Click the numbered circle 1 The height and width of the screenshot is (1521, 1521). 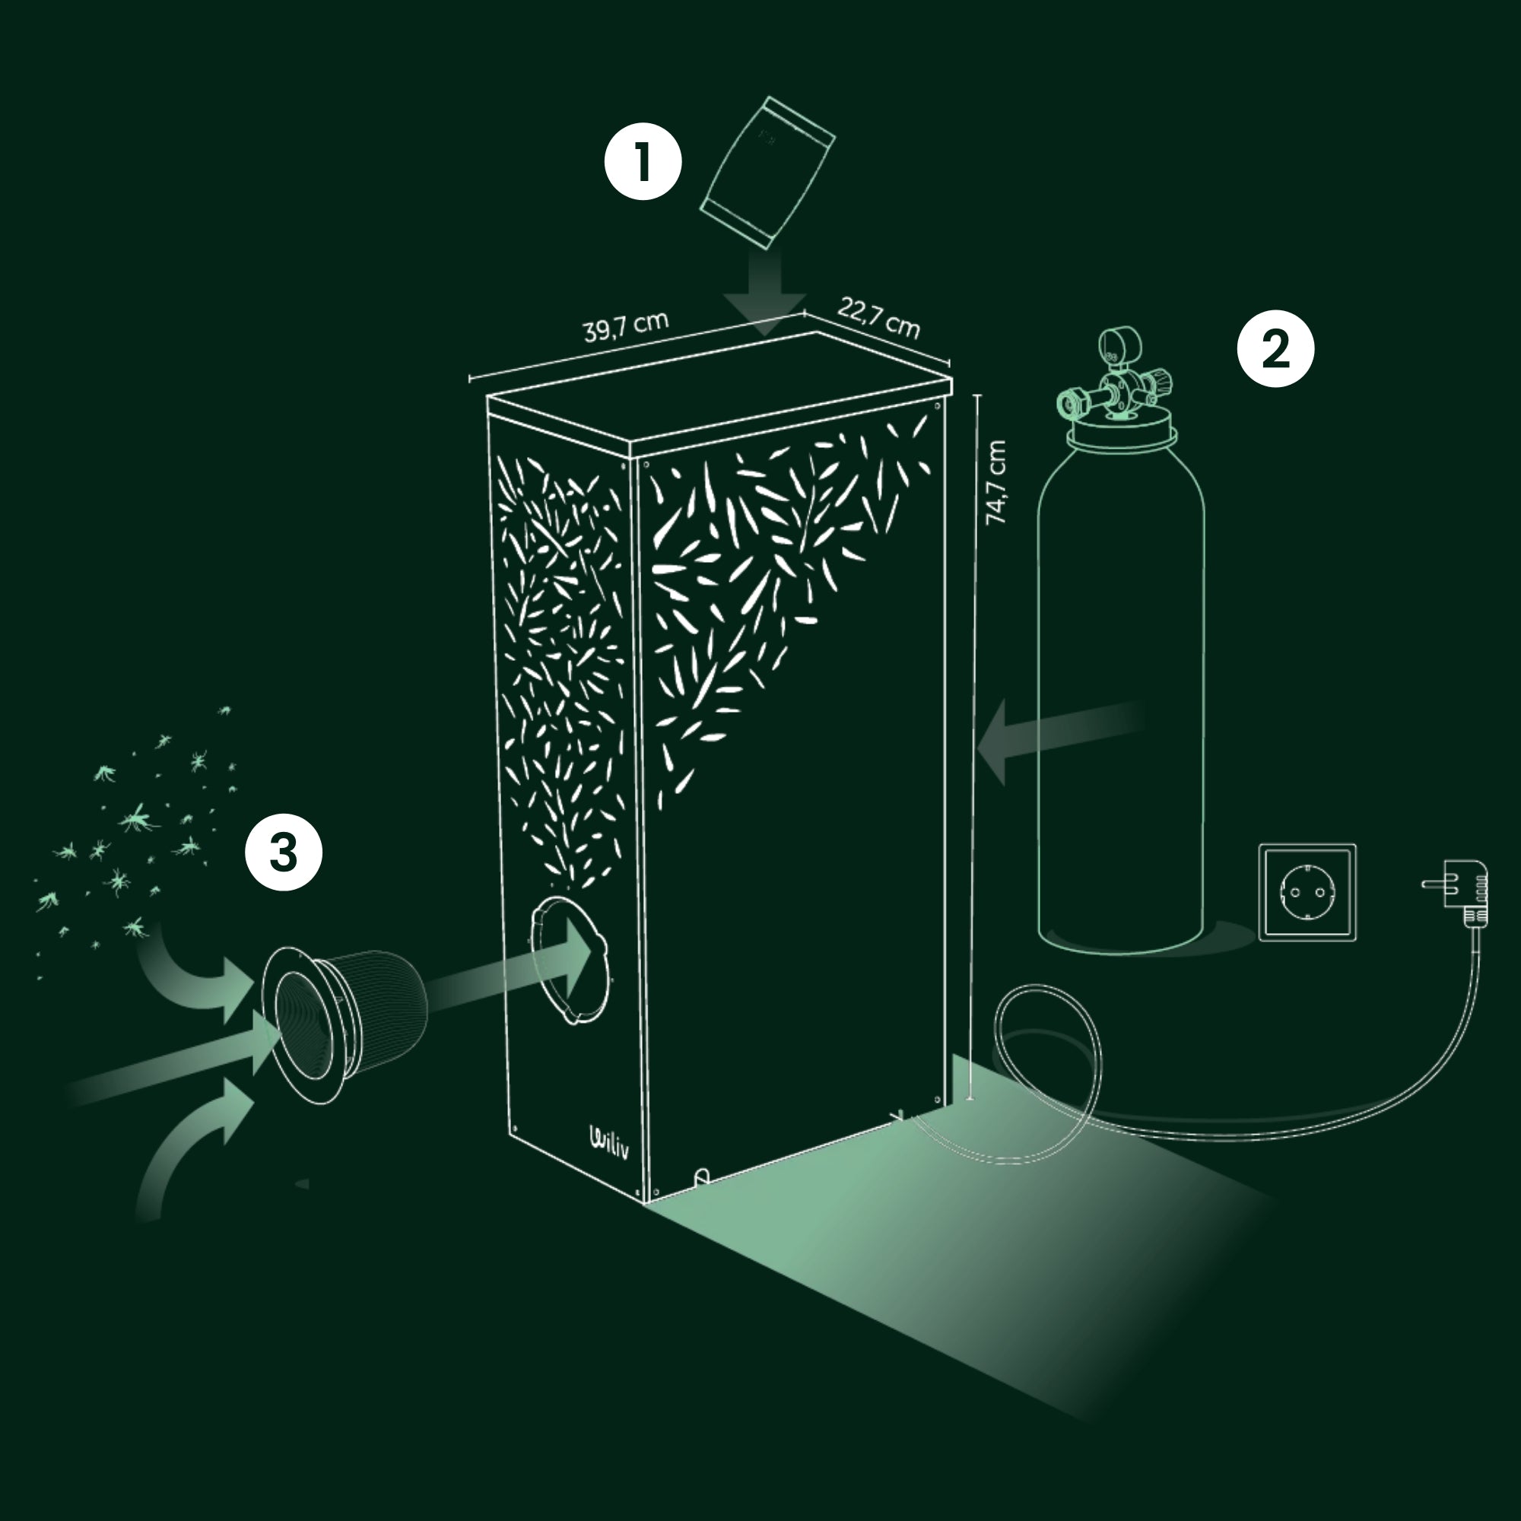(x=643, y=162)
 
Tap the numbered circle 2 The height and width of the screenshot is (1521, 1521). (x=1275, y=348)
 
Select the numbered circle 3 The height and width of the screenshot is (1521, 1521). (x=284, y=852)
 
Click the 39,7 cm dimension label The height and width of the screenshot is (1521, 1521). (x=626, y=328)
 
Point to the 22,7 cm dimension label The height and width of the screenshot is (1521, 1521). (x=878, y=317)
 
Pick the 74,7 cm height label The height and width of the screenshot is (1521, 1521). (x=996, y=482)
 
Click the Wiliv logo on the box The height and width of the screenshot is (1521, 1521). (x=609, y=1144)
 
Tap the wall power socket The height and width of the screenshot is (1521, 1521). (x=1307, y=892)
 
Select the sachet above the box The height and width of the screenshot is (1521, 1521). (x=767, y=173)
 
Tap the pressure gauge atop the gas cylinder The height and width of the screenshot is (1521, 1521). (x=1115, y=346)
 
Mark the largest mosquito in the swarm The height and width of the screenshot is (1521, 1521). (x=138, y=819)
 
